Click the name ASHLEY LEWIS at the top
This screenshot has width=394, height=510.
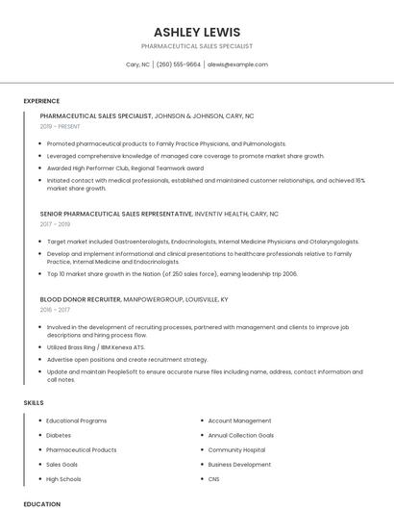[196, 32]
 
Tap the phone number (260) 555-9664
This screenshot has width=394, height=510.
[179, 64]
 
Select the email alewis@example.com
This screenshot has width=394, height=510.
[237, 64]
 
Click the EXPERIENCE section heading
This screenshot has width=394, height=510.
[41, 101]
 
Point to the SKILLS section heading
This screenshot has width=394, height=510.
[34, 402]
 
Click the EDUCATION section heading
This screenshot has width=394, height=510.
[41, 503]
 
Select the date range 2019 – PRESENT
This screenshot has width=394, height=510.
[62, 126]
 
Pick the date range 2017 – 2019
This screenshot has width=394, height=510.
[55, 224]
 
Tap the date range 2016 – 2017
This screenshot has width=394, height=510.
[55, 310]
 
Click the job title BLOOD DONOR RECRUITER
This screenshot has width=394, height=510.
[81, 299]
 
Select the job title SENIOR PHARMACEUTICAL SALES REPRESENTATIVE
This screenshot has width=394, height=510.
[115, 214]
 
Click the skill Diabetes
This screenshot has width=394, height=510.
[59, 435]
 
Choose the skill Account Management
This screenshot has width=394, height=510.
[239, 421]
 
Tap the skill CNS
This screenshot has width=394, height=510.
[214, 478]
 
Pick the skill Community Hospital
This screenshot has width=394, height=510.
[236, 449]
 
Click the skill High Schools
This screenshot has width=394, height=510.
[63, 478]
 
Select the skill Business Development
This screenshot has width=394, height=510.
[239, 464]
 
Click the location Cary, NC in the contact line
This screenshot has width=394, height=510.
[137, 64]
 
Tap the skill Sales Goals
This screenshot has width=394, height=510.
[62, 464]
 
